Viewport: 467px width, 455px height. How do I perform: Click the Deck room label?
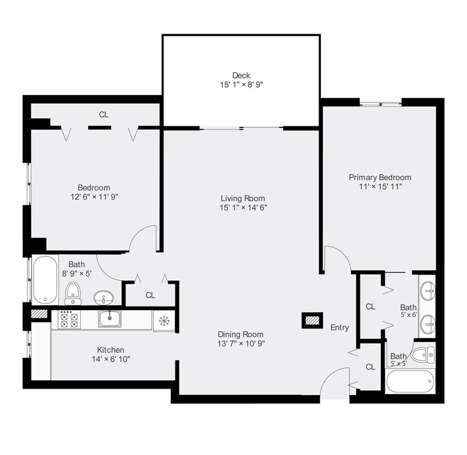(x=241, y=75)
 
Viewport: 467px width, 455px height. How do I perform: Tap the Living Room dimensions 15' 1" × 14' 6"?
(x=242, y=208)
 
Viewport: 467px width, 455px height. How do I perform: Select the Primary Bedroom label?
(x=380, y=177)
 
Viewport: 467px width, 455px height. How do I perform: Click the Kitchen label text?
(x=111, y=350)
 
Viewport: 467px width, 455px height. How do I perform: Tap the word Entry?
(x=339, y=327)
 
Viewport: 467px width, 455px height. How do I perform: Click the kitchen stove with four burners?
(x=69, y=320)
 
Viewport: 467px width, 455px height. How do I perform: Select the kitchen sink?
(x=111, y=319)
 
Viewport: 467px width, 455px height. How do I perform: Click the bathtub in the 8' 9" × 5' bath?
(x=45, y=280)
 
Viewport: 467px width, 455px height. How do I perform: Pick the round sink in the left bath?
(x=104, y=296)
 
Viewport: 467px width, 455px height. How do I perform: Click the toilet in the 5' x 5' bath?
(x=421, y=355)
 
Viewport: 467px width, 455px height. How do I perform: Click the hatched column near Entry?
(x=313, y=320)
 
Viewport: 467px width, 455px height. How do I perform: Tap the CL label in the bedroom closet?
(x=104, y=114)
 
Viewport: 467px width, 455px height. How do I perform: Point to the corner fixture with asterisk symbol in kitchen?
(x=163, y=320)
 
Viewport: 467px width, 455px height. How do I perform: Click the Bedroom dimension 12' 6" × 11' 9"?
(x=93, y=196)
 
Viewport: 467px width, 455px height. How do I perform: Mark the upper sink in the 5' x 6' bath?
(x=427, y=292)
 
